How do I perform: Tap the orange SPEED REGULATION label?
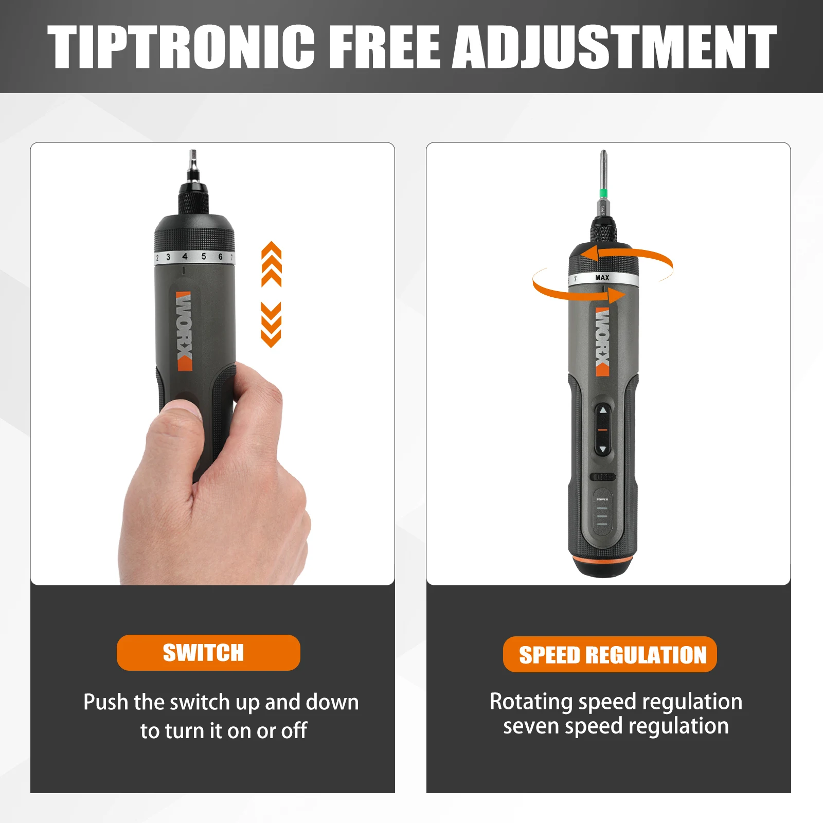(610, 655)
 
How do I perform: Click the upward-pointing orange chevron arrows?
(271, 264)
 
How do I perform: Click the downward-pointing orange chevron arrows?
(271, 325)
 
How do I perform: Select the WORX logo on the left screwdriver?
(184, 331)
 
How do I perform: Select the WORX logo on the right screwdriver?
(602, 342)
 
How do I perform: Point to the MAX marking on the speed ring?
(602, 278)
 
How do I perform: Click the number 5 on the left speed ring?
(204, 256)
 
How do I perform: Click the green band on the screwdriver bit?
(603, 193)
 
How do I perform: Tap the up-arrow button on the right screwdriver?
(603, 411)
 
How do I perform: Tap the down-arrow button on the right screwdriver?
(603, 449)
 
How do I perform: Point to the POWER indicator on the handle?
(602, 499)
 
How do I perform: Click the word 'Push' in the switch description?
(105, 702)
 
